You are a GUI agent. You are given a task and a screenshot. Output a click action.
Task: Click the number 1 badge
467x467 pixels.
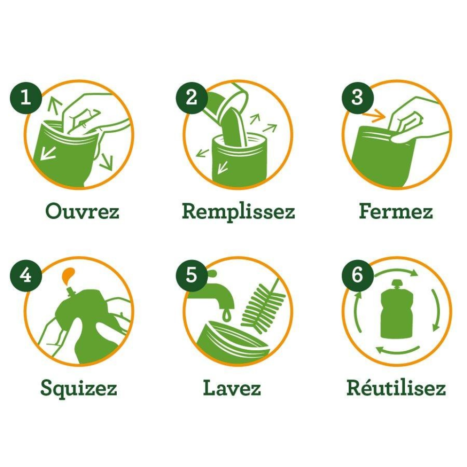click(x=26, y=97)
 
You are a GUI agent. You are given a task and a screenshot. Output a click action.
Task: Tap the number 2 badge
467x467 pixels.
click(x=191, y=97)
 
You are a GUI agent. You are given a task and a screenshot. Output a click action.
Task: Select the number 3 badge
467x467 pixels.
click(x=357, y=97)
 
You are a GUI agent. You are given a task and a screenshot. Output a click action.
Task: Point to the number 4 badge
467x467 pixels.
click(x=26, y=274)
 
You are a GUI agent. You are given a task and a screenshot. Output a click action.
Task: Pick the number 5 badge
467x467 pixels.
click(x=191, y=274)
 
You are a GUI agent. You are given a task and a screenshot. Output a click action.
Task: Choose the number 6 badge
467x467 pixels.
click(x=357, y=274)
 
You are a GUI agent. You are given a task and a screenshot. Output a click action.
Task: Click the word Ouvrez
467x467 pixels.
click(x=82, y=211)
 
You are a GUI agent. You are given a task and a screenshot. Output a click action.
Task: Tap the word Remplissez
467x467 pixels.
click(x=238, y=212)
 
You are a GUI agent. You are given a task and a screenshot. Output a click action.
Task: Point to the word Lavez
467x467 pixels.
click(x=232, y=388)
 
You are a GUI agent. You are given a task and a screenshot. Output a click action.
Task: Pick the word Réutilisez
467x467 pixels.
click(x=396, y=387)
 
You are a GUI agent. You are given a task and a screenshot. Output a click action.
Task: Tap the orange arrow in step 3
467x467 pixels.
click(x=375, y=116)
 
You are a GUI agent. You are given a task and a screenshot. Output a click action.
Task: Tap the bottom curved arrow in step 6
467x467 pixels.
click(x=398, y=350)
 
